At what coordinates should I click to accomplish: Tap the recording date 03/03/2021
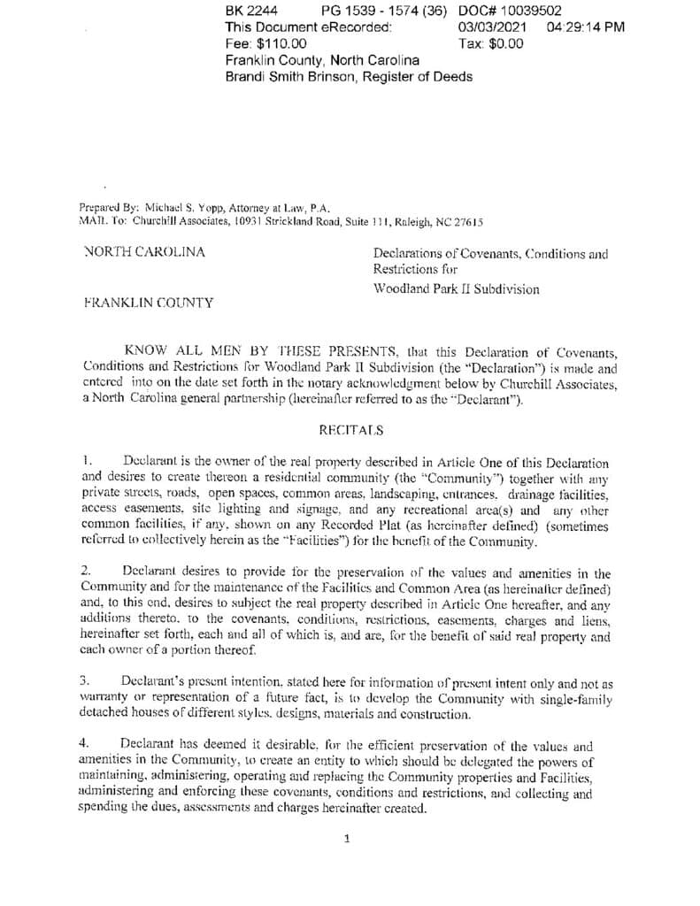(493, 27)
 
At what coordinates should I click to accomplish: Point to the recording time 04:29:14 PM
(586, 27)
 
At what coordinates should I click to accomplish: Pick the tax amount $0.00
(504, 43)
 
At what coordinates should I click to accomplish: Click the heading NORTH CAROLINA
(143, 252)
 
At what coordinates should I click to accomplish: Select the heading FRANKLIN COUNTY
(148, 303)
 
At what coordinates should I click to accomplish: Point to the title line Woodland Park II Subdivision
(456, 288)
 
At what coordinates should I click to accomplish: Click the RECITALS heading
(350, 430)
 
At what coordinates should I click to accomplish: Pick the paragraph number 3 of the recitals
(86, 682)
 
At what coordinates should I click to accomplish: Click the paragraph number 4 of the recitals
(86, 745)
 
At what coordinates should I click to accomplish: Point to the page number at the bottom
(347, 839)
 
